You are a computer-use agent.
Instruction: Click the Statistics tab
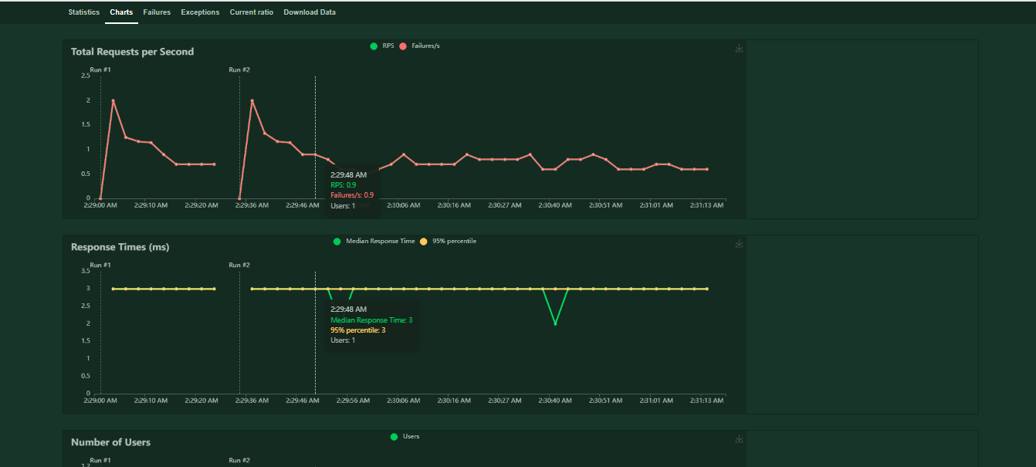(83, 12)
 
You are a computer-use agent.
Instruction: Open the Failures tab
(157, 12)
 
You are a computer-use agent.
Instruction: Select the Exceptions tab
(200, 12)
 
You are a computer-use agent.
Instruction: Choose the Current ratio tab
(251, 12)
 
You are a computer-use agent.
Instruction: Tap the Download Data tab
(310, 12)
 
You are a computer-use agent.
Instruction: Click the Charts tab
(121, 12)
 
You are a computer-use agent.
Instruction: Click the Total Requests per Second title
(132, 52)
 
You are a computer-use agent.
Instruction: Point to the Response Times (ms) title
(120, 247)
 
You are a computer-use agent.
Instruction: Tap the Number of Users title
(110, 442)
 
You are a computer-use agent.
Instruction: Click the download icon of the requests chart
(739, 49)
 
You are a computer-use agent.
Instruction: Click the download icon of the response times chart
(739, 244)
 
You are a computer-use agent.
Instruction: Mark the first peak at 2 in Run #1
(113, 100)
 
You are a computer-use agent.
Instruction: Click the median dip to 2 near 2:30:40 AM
(555, 323)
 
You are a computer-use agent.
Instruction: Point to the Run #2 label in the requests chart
(239, 70)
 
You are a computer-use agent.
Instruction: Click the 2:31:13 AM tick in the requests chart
(706, 206)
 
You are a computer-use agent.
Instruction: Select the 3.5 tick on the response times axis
(85, 272)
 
